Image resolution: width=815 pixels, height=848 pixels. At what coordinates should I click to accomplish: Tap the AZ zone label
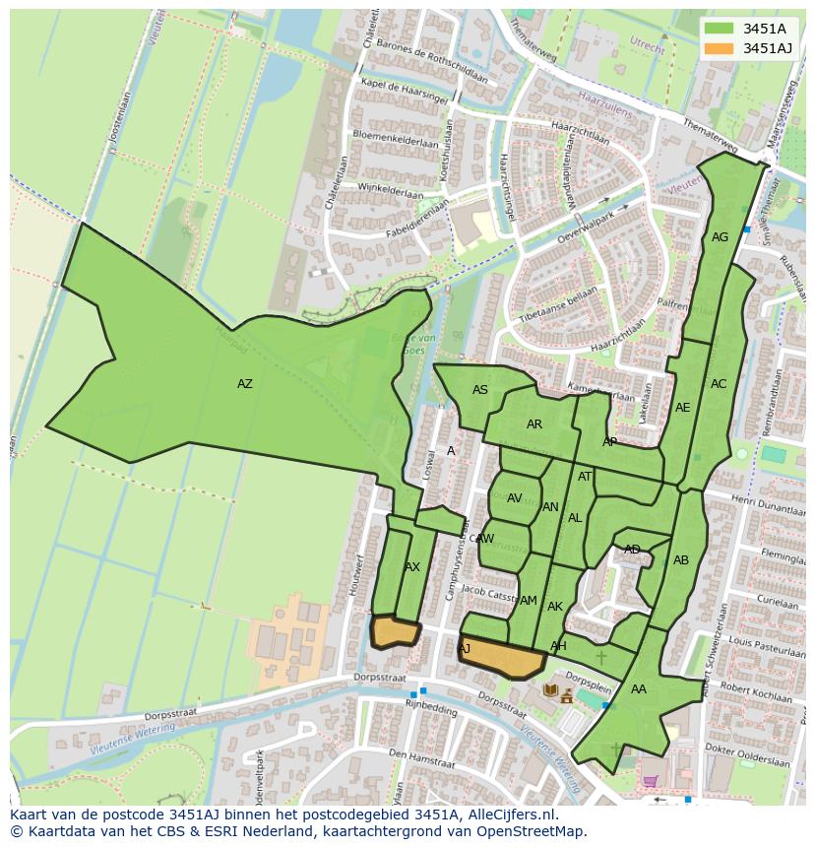tap(244, 384)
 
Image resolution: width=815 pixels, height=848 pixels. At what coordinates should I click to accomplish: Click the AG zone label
tap(720, 237)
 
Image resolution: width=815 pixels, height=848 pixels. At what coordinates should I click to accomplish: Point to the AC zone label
tap(719, 384)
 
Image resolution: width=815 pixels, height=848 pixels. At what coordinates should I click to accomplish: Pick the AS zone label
tap(480, 390)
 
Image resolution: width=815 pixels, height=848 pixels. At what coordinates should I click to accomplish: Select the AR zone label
tap(534, 424)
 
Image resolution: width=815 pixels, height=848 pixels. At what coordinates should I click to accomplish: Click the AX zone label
tap(412, 567)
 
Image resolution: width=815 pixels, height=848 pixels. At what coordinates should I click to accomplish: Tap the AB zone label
tap(681, 560)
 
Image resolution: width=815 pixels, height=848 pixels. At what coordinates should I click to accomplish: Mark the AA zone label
tap(639, 689)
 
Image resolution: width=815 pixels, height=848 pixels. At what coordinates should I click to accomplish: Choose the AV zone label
tap(514, 498)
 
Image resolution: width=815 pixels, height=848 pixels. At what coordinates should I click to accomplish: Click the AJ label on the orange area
tap(464, 648)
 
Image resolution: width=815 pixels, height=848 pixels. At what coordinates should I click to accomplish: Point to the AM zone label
tap(529, 601)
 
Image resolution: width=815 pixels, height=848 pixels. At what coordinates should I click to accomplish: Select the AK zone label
tap(555, 607)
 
